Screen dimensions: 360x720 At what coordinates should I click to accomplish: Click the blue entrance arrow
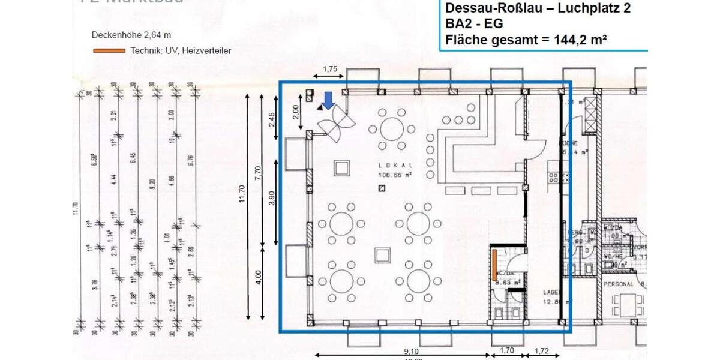tap(328, 100)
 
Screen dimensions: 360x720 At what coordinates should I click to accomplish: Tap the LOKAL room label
tap(391, 165)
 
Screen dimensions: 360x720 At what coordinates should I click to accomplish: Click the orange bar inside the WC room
tap(494, 265)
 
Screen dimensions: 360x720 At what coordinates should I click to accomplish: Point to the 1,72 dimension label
tap(541, 352)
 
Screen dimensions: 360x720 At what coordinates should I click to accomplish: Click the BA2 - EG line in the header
tap(474, 24)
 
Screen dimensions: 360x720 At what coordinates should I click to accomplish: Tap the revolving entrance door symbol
tap(337, 125)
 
